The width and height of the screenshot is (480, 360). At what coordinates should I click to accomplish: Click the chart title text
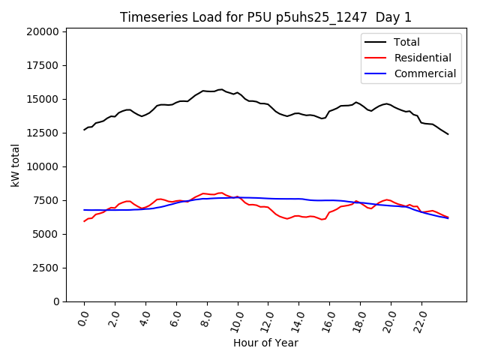pos(265,17)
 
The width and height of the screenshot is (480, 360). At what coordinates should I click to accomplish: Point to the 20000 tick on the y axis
pos(43,31)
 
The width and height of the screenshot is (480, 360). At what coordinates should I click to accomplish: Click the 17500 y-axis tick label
pos(43,65)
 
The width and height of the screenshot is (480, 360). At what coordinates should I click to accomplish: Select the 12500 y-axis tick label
pos(43,133)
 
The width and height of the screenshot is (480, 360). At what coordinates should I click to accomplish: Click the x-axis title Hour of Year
pos(265,343)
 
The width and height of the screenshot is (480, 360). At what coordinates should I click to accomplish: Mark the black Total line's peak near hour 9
pos(220,89)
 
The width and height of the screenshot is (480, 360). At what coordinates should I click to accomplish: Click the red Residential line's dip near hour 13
pos(287,219)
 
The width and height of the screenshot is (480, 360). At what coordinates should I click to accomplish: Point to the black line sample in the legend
pos(376,42)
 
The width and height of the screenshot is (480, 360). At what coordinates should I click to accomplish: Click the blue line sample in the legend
pos(376,73)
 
